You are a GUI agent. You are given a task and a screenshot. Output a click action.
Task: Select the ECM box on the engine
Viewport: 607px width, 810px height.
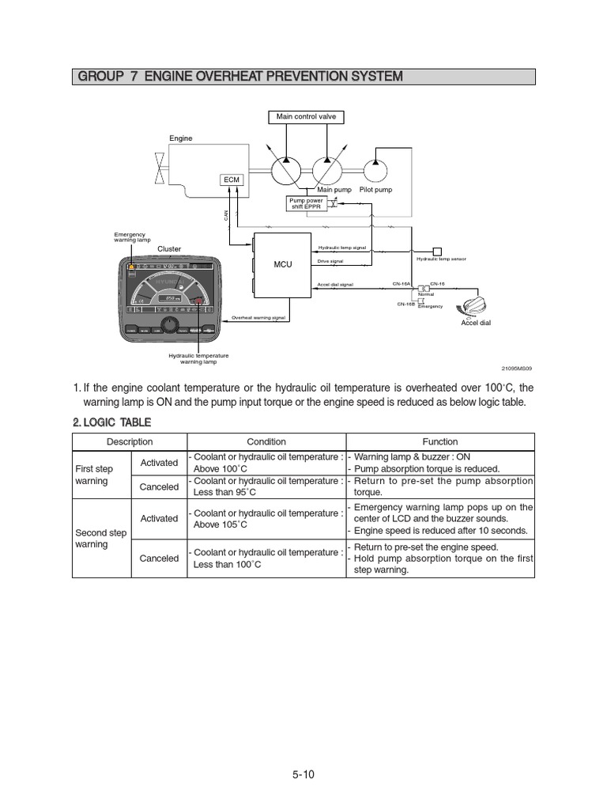point(232,180)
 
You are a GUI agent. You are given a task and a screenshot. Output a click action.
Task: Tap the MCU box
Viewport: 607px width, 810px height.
point(283,264)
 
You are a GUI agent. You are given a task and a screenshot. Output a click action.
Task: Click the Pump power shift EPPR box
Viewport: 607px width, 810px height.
point(306,204)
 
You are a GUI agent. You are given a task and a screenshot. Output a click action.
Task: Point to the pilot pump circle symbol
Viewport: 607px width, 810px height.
point(376,169)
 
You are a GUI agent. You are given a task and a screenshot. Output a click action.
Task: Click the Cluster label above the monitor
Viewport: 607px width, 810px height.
point(169,249)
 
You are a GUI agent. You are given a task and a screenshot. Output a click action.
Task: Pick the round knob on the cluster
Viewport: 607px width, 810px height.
point(169,326)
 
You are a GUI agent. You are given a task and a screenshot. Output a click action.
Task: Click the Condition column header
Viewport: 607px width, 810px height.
point(266,442)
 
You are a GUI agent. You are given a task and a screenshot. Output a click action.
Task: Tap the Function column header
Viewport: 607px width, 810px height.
point(440,442)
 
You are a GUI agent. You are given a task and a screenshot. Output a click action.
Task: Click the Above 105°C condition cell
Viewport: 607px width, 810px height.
point(266,518)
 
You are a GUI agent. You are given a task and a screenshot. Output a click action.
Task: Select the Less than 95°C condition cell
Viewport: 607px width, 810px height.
point(266,486)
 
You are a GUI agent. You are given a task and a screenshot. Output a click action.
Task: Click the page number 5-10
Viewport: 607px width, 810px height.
point(303,774)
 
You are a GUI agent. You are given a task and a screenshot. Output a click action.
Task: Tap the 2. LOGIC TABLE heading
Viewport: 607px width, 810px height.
point(112,422)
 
